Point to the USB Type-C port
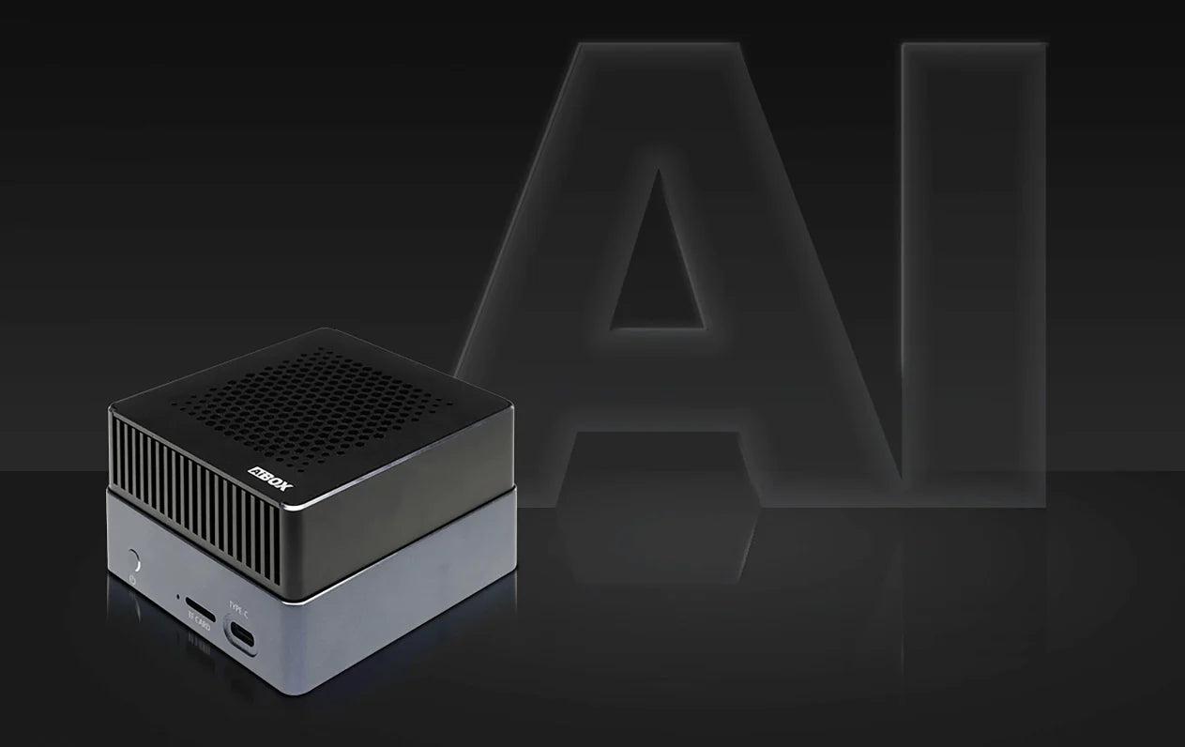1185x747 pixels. pos(241,635)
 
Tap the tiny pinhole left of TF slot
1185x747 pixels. pos(177,595)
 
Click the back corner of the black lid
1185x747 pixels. pos(324,331)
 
